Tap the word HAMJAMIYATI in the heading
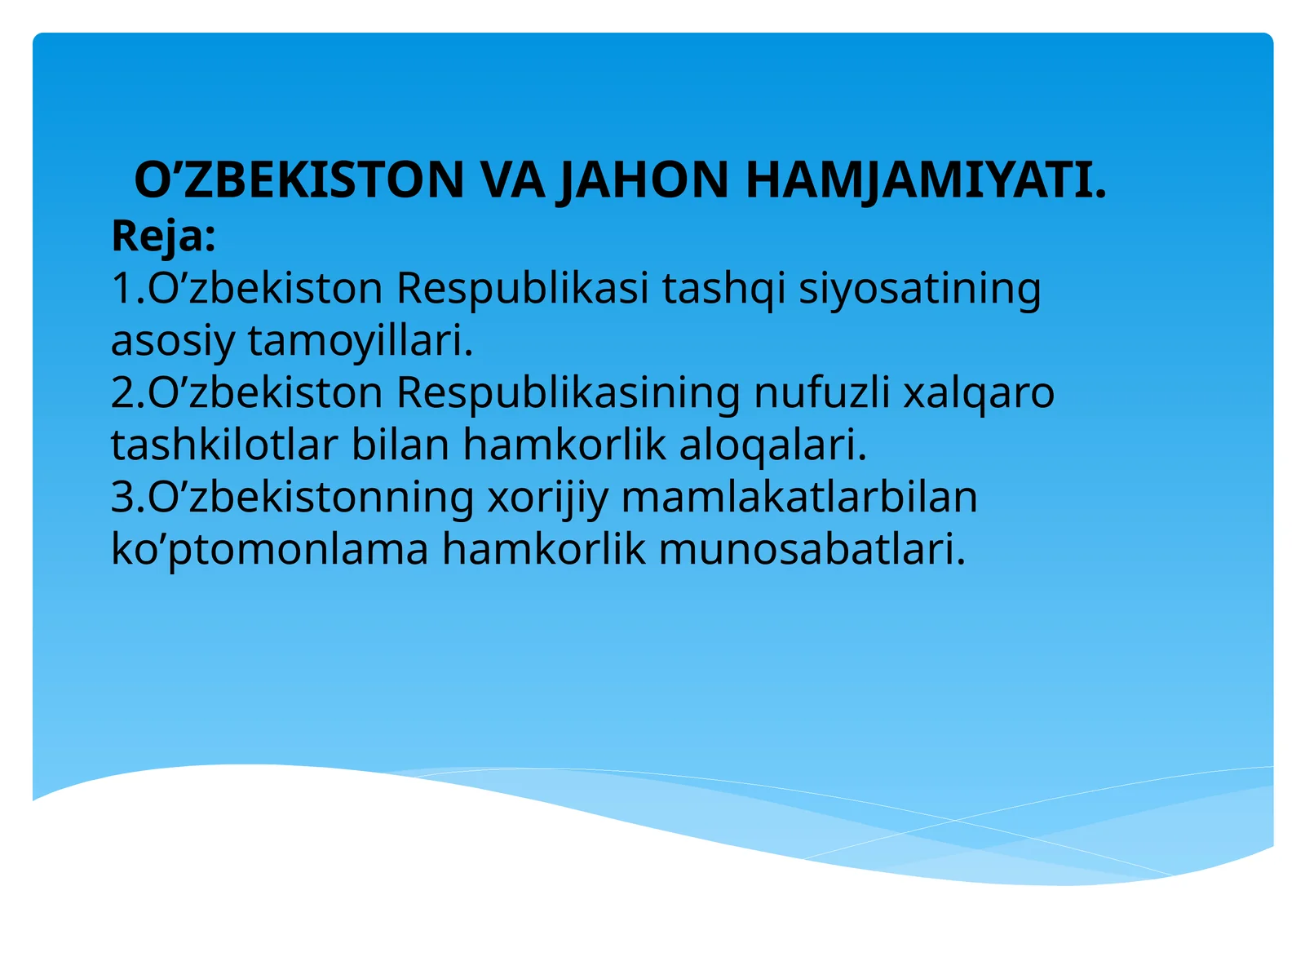[926, 180]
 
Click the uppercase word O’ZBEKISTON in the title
[299, 180]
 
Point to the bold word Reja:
[163, 237]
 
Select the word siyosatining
[919, 288]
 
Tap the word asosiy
[172, 340]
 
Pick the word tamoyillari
[361, 340]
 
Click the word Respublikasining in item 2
[568, 392]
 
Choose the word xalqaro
[979, 392]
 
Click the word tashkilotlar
[224, 445]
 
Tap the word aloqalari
[773, 445]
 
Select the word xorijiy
[547, 497]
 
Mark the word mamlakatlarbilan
[799, 497]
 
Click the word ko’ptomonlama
[269, 549]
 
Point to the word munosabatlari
[812, 549]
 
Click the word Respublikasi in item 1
[523, 288]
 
